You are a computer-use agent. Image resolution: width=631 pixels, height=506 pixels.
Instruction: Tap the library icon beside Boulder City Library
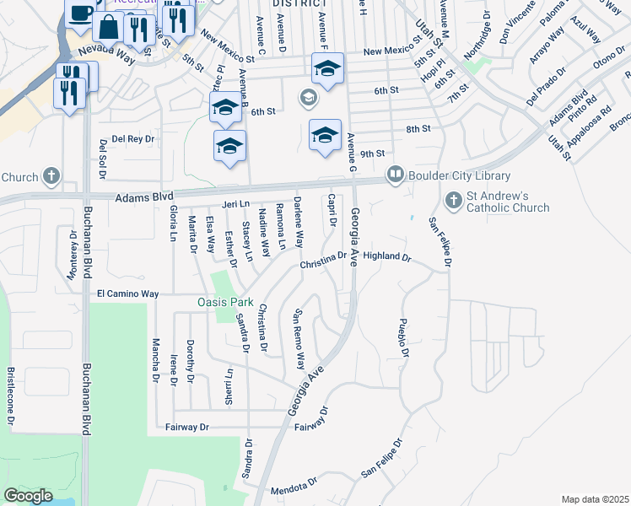[394, 175]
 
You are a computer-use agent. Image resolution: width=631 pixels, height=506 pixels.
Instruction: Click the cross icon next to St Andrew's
[453, 200]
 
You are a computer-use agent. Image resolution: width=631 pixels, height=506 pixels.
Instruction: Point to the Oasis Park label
[225, 302]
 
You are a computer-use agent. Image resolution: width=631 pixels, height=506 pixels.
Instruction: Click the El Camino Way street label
[127, 293]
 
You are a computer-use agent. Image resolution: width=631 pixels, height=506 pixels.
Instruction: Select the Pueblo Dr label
[403, 338]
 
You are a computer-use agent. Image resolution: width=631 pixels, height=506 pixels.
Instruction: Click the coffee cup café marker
[81, 13]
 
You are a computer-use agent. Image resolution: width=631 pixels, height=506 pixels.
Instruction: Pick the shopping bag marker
[110, 27]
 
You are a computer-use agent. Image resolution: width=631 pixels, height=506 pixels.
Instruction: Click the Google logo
[28, 496]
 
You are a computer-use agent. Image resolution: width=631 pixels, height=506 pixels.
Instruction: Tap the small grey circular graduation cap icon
[308, 100]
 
